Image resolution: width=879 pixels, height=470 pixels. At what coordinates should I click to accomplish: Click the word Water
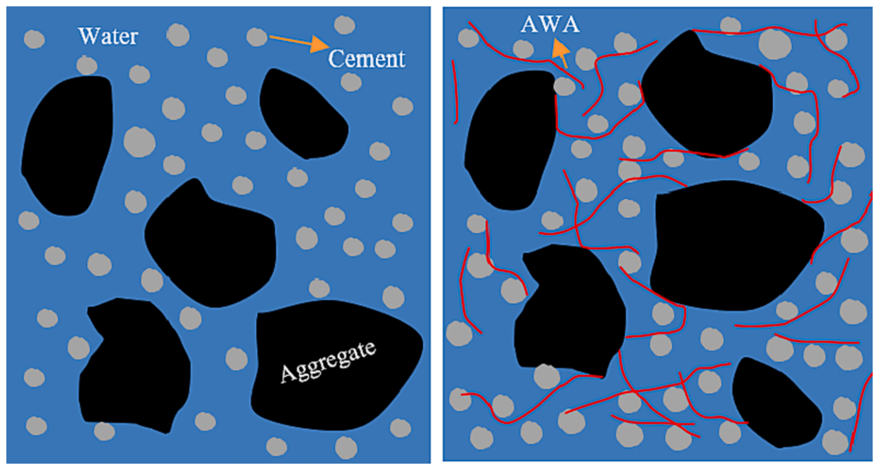click(107, 36)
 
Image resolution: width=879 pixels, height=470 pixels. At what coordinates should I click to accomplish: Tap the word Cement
click(366, 58)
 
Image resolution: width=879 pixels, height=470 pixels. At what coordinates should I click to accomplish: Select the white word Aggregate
click(328, 363)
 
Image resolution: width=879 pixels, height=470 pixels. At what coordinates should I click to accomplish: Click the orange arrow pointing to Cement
click(298, 42)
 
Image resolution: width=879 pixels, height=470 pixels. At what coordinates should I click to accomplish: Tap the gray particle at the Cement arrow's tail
click(256, 37)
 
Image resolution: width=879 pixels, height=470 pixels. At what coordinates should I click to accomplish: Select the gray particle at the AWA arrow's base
click(564, 86)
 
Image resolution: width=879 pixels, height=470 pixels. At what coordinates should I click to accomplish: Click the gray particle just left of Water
click(34, 39)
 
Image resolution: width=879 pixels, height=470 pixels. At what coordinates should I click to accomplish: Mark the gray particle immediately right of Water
click(178, 35)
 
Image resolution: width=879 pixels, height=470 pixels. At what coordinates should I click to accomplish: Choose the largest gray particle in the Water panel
click(139, 141)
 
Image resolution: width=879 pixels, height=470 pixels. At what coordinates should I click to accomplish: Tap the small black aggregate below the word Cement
click(301, 114)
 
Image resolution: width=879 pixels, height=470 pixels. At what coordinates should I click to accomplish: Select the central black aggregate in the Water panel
click(211, 244)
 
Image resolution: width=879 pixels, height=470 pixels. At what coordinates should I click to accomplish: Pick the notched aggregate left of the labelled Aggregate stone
click(133, 365)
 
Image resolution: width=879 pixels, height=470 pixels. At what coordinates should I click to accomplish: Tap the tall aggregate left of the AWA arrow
click(508, 140)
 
